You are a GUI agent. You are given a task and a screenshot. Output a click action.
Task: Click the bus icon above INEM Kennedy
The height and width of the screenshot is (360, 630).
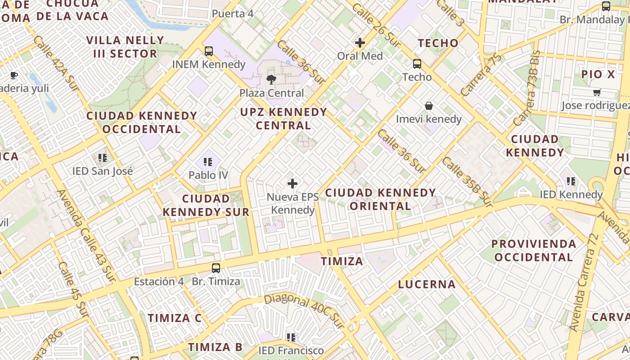click(209, 51)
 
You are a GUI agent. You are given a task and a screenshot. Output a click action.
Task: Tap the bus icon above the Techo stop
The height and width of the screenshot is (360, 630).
click(417, 63)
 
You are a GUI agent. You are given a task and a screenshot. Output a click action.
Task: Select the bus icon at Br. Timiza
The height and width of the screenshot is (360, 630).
click(216, 268)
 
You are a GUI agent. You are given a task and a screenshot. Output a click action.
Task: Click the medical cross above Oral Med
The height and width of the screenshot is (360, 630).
click(360, 43)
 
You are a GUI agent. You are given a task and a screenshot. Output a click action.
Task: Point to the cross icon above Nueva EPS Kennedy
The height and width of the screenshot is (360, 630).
click(292, 183)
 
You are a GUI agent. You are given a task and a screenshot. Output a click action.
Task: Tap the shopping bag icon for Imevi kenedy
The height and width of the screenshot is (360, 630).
click(429, 106)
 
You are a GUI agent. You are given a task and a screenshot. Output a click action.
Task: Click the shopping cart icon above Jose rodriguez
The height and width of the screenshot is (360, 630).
click(597, 92)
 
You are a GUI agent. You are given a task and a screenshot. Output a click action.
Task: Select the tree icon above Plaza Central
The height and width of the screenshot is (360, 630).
click(271, 80)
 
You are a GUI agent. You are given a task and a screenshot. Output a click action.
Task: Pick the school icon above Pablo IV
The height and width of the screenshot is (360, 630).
click(207, 162)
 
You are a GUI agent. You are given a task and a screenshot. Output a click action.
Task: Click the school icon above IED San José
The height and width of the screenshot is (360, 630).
click(103, 158)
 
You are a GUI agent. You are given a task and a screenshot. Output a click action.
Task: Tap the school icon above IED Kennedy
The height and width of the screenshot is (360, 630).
click(571, 181)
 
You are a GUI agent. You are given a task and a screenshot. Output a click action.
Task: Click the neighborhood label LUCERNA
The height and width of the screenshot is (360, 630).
click(427, 284)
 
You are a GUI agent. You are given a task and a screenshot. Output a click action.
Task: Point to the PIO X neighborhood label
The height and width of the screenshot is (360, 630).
click(598, 74)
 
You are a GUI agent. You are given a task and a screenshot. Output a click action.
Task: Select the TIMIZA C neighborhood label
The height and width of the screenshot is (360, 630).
click(175, 318)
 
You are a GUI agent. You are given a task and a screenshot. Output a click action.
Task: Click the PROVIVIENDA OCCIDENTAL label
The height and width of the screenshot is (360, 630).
click(533, 251)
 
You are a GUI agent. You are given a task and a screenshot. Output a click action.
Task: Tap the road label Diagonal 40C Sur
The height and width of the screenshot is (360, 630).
click(304, 310)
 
